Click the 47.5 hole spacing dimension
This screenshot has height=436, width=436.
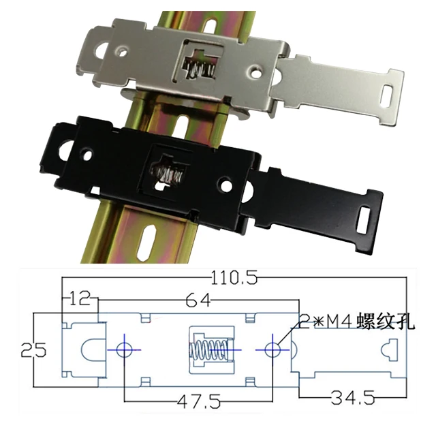point(198,401)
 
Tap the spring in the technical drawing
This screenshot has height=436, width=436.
point(208,352)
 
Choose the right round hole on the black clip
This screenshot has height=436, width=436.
point(225,185)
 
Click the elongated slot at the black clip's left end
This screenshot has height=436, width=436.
point(69,149)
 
